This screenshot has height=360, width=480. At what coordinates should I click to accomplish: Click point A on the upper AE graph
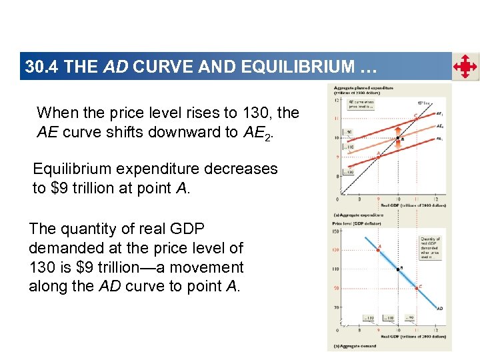pos(379,153)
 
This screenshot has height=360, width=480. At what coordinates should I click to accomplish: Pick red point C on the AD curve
pos(417,287)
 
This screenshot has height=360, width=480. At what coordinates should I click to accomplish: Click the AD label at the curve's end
pos(440,309)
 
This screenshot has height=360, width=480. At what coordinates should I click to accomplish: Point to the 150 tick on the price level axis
pos(337,231)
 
